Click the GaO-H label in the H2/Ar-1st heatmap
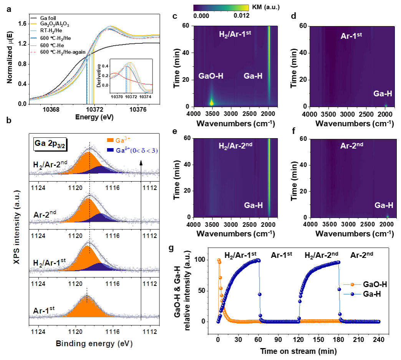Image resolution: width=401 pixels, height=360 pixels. point(211,76)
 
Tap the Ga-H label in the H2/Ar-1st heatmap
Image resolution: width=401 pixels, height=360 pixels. point(253,76)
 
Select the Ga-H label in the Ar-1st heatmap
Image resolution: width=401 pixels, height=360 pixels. point(383,94)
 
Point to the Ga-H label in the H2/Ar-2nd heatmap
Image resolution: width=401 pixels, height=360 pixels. point(254,205)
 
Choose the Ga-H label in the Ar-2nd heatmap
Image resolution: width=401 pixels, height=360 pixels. point(384,205)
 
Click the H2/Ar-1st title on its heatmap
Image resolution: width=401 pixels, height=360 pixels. point(235,35)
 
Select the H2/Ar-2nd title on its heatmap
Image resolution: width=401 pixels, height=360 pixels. point(235,146)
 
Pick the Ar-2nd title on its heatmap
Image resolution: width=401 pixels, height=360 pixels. point(351,145)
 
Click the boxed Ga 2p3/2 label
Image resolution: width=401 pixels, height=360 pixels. point(51,144)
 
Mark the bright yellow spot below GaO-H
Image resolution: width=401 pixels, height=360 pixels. point(211,102)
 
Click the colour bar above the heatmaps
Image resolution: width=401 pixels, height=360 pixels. point(221,8)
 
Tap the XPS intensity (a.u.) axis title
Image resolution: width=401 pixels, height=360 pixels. point(16,228)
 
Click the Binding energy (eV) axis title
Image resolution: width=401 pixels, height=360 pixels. point(94,343)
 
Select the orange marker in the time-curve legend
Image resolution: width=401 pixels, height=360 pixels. point(353,284)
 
